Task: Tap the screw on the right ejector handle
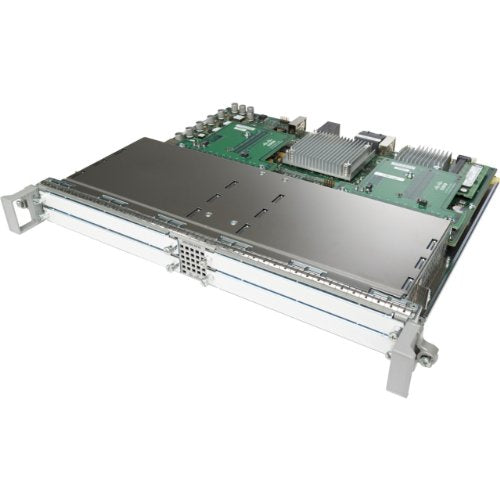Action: [429, 353]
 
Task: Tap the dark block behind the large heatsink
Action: [329, 128]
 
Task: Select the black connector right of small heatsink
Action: [461, 163]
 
